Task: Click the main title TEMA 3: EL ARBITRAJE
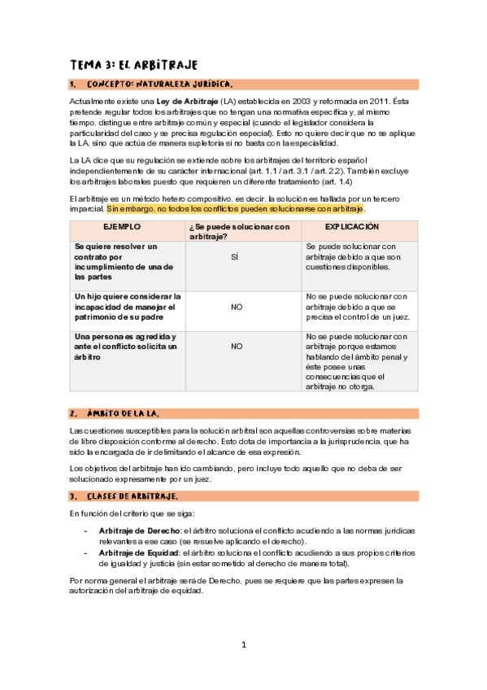tap(134, 64)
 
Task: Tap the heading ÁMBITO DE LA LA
tap(130, 413)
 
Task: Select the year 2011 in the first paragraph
tap(348, 100)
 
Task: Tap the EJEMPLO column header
tap(122, 226)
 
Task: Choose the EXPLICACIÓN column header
tap(359, 226)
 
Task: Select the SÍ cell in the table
tap(235, 256)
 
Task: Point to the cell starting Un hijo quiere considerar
tap(127, 307)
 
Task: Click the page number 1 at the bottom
tap(244, 645)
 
